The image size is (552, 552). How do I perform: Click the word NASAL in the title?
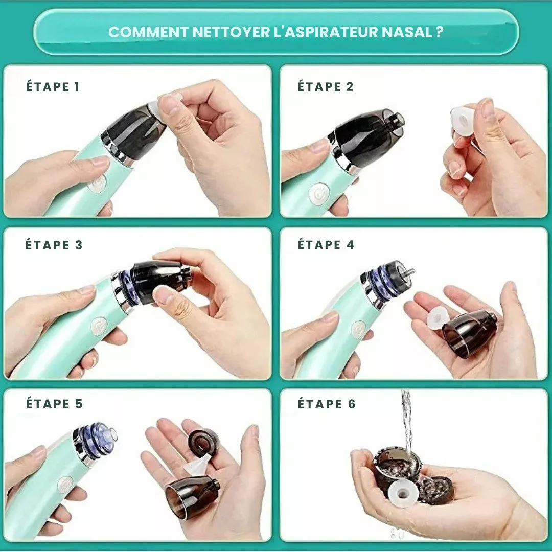tap(407, 32)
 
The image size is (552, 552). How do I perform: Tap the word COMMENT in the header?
tap(148, 32)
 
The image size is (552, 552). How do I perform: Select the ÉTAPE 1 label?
tap(53, 86)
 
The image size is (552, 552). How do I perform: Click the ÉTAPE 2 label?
tap(326, 86)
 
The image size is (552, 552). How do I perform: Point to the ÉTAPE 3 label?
tap(54, 245)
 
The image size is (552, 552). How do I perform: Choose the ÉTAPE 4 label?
tap(326, 244)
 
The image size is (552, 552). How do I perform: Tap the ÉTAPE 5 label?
tap(54, 403)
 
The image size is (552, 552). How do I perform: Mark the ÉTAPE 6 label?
tap(327, 404)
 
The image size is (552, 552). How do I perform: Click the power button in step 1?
tap(97, 183)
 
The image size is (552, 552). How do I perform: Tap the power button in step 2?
tap(319, 195)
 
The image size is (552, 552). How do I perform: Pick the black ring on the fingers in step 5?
tap(204, 442)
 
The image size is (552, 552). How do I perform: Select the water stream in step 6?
tap(407, 423)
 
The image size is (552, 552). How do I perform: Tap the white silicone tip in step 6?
tap(404, 493)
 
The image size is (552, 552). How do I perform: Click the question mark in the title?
tap(439, 32)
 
